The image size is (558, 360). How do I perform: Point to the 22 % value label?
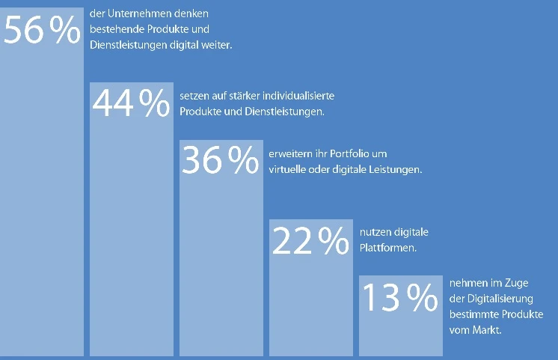point(310,240)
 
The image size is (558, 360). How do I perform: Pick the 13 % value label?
point(400,297)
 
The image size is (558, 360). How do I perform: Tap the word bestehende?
point(112,29)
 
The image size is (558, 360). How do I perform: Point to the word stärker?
point(233,97)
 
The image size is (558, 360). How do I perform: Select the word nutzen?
point(372,232)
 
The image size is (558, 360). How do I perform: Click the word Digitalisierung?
point(491,299)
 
